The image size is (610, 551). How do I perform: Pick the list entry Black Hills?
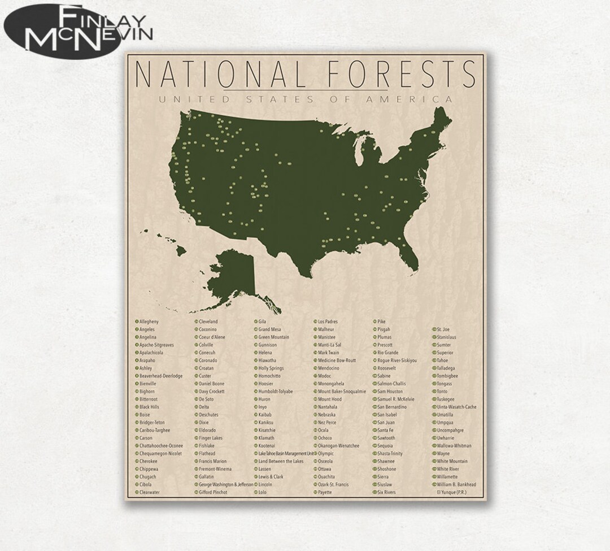pyautogui.click(x=149, y=407)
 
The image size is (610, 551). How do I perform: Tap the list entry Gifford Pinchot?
pyautogui.click(x=213, y=492)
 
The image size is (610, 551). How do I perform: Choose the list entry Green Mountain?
pyautogui.click(x=274, y=337)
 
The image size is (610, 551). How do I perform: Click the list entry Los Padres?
pyautogui.click(x=328, y=322)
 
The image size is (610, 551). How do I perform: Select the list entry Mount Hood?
pyautogui.click(x=329, y=399)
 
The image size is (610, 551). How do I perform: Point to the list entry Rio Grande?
pyautogui.click(x=388, y=353)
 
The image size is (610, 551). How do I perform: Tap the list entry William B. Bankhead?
pyautogui.click(x=456, y=484)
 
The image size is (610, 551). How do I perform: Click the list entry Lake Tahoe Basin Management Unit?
pyautogui.click(x=286, y=453)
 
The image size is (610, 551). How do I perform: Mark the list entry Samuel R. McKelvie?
pyautogui.click(x=396, y=399)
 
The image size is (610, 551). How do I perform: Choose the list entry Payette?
pyautogui.click(x=325, y=492)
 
